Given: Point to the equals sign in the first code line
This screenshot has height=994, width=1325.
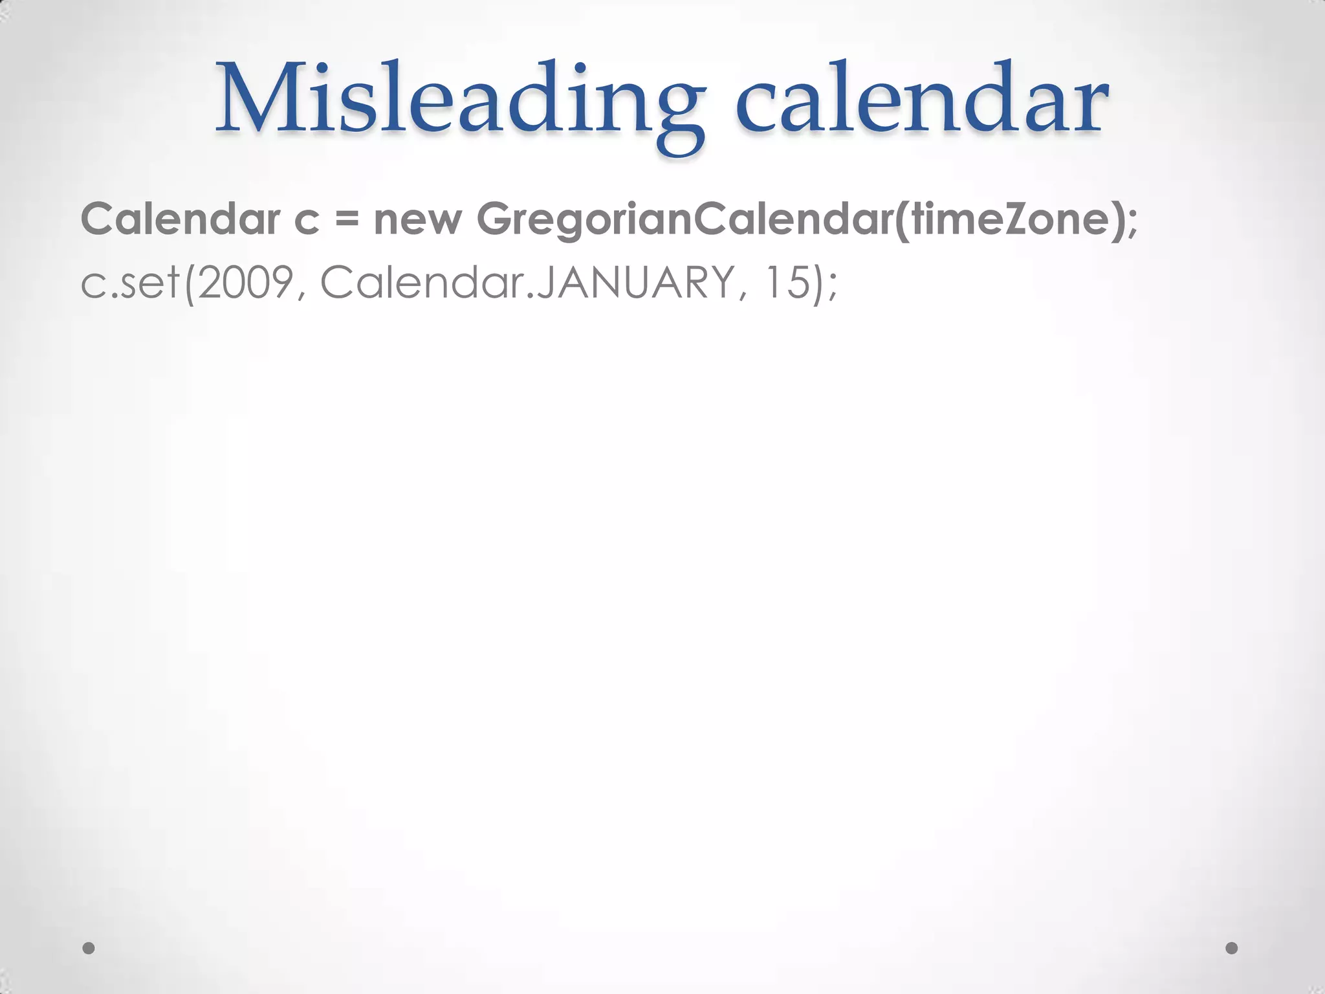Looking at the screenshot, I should [x=347, y=220].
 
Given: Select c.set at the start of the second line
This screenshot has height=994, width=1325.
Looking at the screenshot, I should [x=130, y=283].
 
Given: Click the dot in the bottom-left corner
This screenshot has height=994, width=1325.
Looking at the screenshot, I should [x=89, y=948].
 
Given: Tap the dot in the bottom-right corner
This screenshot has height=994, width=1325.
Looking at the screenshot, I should [x=1232, y=948].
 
